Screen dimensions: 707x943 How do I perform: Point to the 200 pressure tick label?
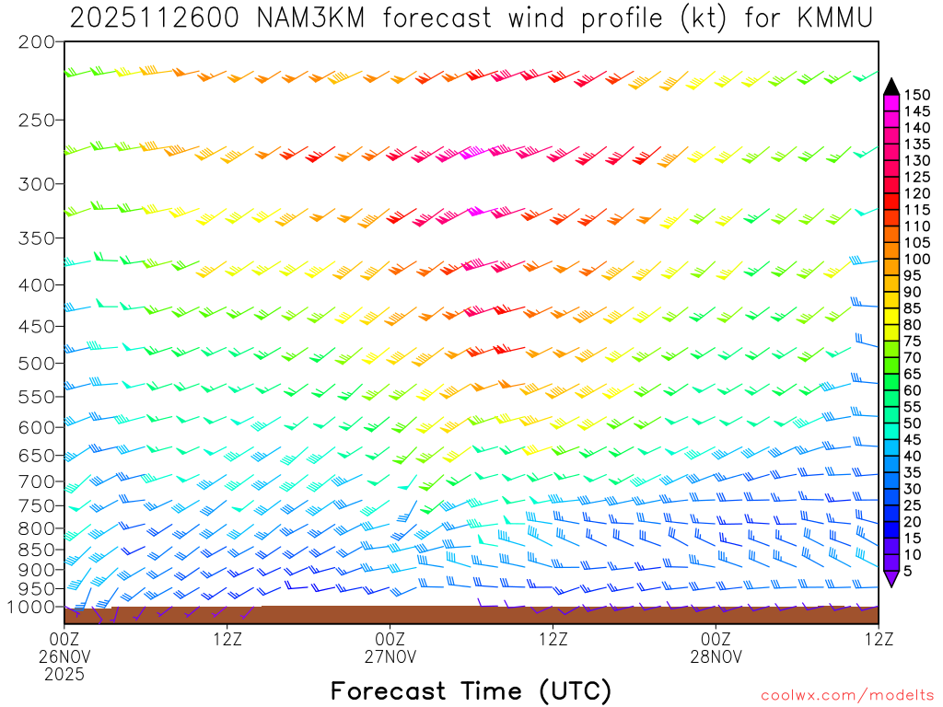click(x=37, y=42)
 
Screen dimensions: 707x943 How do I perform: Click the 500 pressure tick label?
click(x=37, y=364)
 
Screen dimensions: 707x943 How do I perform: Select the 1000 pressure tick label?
click(x=32, y=607)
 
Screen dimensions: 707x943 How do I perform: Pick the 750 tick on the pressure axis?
click(x=37, y=505)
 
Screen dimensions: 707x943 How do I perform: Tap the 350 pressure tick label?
click(x=37, y=238)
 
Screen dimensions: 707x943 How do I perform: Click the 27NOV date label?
click(x=390, y=656)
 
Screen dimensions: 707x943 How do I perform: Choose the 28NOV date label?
click(x=716, y=656)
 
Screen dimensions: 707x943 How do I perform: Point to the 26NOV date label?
click(x=64, y=656)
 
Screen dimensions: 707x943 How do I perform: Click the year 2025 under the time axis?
click(x=64, y=675)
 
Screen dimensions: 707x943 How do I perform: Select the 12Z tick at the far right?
click(x=879, y=638)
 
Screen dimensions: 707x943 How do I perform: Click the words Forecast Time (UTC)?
click(x=471, y=690)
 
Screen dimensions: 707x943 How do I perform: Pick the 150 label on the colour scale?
click(x=917, y=95)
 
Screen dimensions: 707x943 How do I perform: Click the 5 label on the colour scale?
click(x=909, y=572)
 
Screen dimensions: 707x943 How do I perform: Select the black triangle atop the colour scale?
click(x=891, y=87)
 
